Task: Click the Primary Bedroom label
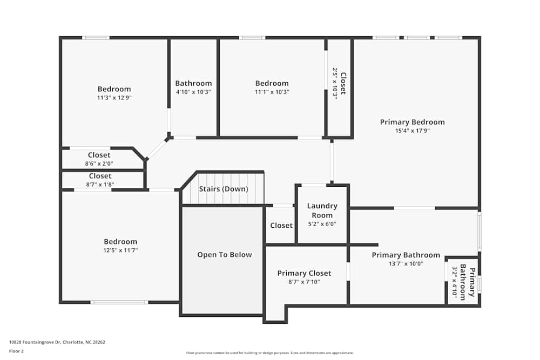412,122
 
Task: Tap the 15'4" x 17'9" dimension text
412,131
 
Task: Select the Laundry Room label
322,210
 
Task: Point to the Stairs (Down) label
224,189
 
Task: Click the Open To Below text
224,255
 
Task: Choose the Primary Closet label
304,273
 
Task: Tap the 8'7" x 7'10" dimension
304,282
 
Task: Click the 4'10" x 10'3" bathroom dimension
193,92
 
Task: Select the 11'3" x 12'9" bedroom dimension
114,98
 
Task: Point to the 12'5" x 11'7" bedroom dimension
120,250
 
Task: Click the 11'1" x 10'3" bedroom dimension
272,92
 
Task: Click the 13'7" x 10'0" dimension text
406,264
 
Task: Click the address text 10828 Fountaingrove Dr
57,342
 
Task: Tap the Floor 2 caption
16,351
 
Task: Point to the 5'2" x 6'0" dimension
322,224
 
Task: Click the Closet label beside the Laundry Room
281,226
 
